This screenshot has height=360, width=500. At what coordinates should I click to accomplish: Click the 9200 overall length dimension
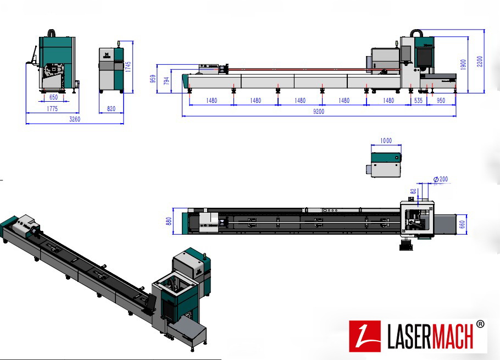pos(319,112)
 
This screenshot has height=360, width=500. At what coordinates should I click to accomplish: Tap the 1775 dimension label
pos(52,109)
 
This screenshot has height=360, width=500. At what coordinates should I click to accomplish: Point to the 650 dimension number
pos(53,97)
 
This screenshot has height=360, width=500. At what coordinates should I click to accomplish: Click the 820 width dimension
pos(112,109)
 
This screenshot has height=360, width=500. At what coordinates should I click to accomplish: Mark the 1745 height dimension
pos(128,66)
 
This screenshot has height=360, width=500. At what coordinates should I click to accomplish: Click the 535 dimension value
pos(418,101)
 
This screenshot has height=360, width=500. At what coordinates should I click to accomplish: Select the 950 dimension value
pos(441,101)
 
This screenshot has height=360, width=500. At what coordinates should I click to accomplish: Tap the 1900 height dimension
pos(464,64)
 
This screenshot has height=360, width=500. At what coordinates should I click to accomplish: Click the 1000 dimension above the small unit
pos(386,141)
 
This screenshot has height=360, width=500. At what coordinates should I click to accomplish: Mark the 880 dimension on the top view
pos(169,221)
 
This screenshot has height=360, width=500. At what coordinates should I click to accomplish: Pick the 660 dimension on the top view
pos(463,224)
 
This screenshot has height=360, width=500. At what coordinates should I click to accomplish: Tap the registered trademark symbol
pos(480,324)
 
